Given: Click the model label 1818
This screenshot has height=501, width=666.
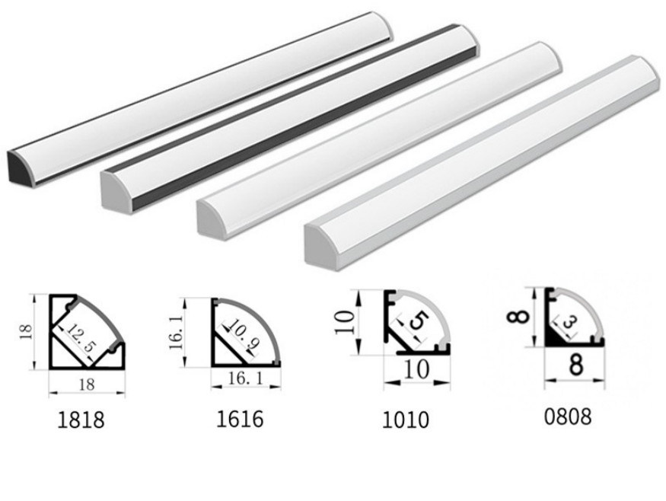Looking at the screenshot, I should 80,420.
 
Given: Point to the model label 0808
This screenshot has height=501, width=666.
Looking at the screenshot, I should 567,416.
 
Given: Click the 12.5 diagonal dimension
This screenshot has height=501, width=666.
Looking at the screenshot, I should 81,336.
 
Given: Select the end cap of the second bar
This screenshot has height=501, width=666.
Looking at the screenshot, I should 116,190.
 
